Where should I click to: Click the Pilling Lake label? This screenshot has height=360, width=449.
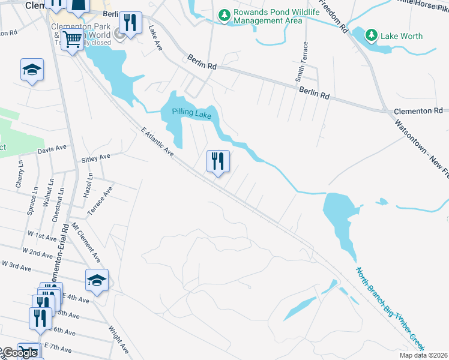(x=191, y=112)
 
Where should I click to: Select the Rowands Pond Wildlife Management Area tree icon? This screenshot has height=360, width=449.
(x=224, y=14)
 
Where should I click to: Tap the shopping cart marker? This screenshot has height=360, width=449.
(x=73, y=40)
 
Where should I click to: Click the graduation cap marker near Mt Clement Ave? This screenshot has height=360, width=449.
(x=97, y=280)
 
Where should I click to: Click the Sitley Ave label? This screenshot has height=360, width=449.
(x=96, y=157)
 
